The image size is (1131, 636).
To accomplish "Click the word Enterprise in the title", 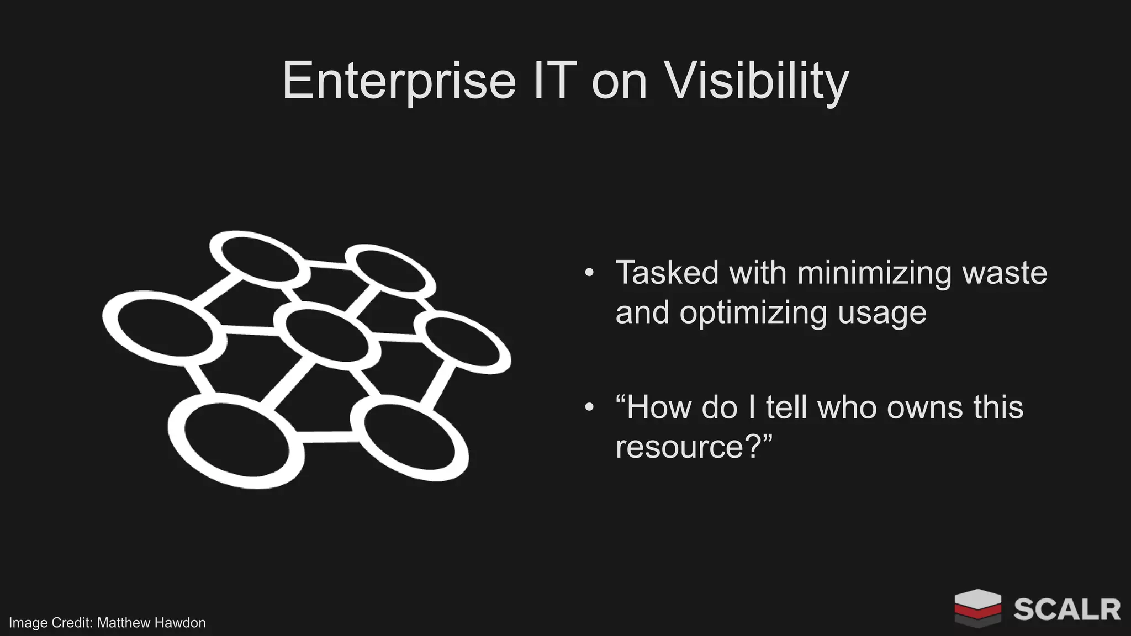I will (399, 81).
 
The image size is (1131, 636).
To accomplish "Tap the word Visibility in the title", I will (755, 81).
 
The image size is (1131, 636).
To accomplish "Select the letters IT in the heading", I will (554, 81).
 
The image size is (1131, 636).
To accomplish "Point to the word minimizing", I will (874, 273).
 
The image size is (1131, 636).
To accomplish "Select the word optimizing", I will (753, 312).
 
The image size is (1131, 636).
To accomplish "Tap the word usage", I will (882, 312).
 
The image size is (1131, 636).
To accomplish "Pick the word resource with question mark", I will (693, 447).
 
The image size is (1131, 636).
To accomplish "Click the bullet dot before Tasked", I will (589, 273).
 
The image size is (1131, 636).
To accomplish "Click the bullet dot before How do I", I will (589, 407).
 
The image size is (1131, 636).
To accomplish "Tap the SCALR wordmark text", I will (1066, 609).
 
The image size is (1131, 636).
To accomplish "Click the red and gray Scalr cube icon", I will (977, 608).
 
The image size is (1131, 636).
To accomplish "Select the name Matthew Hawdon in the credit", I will (151, 623).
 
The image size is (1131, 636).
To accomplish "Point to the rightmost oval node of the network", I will (467, 341).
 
